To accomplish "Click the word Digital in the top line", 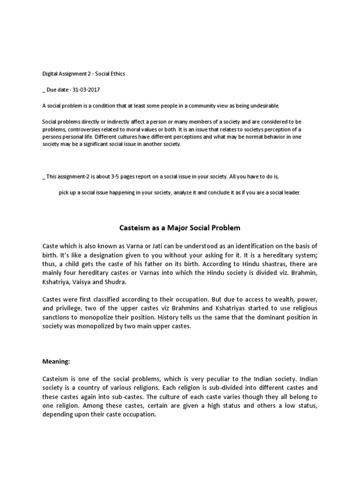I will pyautogui.click(x=49, y=74).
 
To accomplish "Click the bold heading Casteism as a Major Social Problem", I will pyautogui.click(x=178, y=228).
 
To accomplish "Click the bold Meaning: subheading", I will pyautogui.click(x=57, y=361).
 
